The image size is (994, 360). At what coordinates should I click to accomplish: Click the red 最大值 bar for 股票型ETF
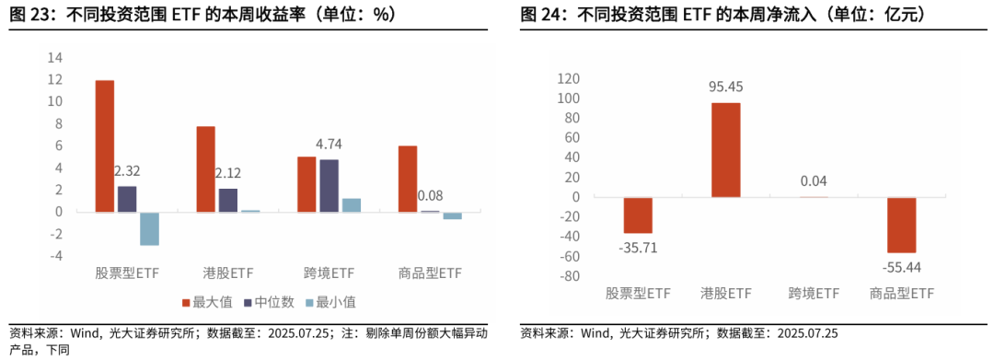click(x=105, y=146)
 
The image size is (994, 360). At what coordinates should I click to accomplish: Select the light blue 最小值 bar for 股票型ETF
click(x=149, y=228)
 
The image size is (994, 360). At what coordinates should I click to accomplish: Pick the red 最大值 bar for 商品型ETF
click(x=408, y=179)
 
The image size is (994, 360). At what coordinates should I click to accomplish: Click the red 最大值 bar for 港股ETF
click(x=205, y=169)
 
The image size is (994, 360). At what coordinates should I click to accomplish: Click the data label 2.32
click(x=127, y=171)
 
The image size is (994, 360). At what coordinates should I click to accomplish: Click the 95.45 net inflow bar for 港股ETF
click(x=725, y=149)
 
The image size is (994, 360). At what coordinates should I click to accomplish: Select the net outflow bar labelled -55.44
click(x=901, y=224)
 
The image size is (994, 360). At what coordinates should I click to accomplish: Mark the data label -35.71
click(x=638, y=248)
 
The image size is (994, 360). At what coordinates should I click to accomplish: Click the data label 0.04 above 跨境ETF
click(x=814, y=181)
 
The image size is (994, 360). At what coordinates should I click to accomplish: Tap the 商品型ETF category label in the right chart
click(x=902, y=294)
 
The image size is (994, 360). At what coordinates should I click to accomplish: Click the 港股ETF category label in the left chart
click(x=227, y=273)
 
